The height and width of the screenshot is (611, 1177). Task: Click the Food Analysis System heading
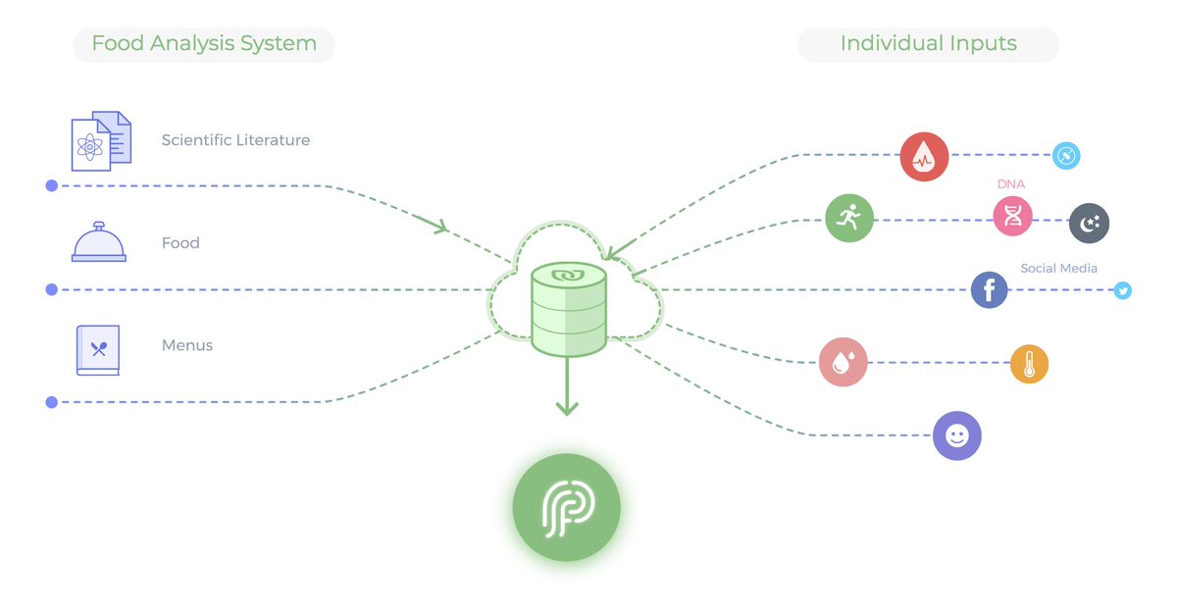point(204,44)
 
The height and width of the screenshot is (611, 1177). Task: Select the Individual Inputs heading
point(928,44)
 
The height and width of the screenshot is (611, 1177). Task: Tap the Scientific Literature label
point(235,140)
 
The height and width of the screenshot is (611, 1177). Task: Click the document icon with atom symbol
point(100,141)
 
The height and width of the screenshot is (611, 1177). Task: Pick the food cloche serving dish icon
point(99,242)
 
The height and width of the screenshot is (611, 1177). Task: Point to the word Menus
point(187,345)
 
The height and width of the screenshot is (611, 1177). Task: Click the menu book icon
point(98,349)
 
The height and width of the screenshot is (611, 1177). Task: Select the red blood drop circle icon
point(924,157)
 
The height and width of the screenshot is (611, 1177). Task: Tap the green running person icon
point(849,218)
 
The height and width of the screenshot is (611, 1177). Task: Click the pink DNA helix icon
point(1013,217)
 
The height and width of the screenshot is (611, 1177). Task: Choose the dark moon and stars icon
point(1089,224)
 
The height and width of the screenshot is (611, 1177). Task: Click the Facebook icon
point(989,290)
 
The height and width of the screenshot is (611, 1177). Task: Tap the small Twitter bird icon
point(1123,290)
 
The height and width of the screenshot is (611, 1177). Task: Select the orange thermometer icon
point(1029,365)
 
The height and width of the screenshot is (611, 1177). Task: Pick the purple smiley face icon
point(956,434)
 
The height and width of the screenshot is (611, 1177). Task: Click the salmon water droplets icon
point(844,362)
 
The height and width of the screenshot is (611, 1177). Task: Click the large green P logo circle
point(567,507)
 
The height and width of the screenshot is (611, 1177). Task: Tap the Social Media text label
point(1058,268)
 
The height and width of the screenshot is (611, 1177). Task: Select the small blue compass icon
point(1066,156)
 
